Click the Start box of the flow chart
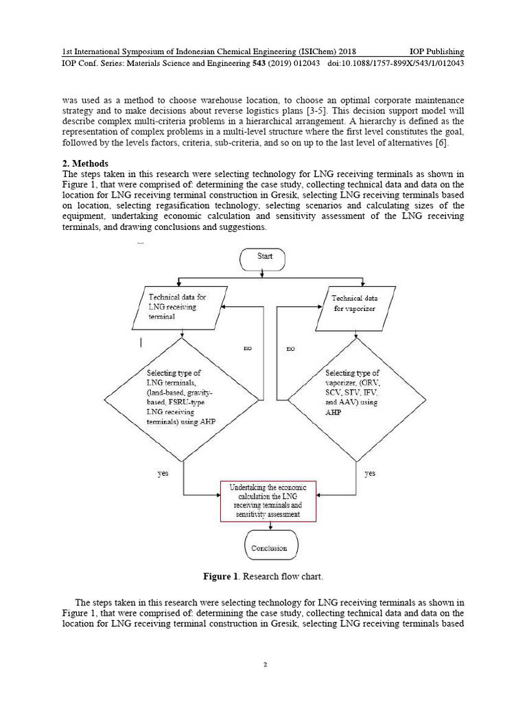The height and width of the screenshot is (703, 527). coord(265,257)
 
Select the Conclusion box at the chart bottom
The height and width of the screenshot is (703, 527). coord(269,548)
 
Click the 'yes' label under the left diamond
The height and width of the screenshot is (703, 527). coord(163,473)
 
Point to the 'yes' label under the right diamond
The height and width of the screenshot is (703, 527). coord(370,473)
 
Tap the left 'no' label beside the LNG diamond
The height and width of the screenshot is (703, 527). coord(248,349)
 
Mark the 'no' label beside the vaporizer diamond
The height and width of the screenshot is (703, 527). coord(290,349)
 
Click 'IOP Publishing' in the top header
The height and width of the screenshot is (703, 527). coord(436,51)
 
